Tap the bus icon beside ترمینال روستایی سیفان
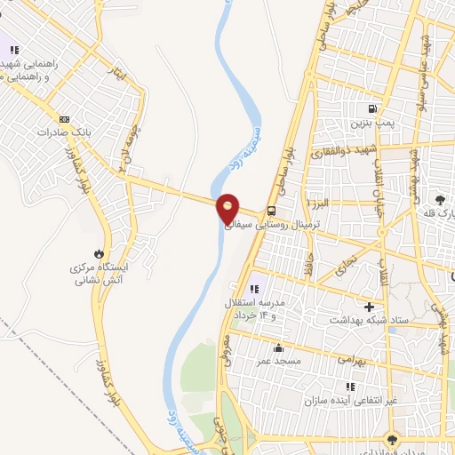click(270, 212)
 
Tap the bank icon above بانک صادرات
click(64, 118)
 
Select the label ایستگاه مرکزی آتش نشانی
click(100, 273)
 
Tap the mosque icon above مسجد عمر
click(279, 347)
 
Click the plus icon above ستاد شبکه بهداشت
click(369, 307)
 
